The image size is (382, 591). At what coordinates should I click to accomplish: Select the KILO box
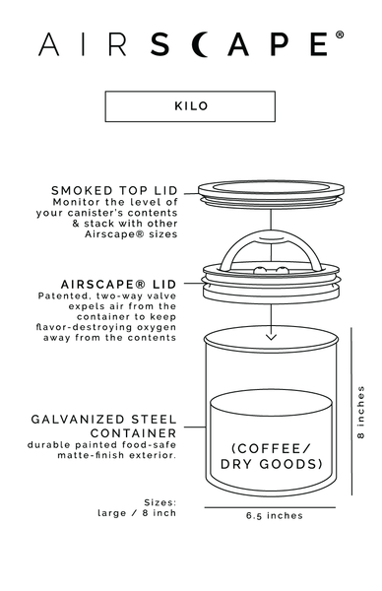click(191, 106)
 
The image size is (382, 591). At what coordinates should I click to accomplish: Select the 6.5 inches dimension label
click(275, 515)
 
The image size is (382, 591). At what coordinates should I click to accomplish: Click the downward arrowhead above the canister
click(269, 337)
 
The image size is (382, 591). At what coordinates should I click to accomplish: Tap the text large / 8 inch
click(137, 512)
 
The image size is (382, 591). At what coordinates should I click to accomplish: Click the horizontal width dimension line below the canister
click(270, 505)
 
